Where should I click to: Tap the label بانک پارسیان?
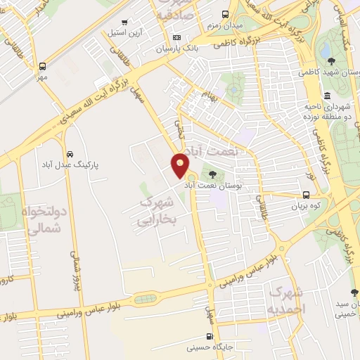153,49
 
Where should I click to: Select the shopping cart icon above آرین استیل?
125,22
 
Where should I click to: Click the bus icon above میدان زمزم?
224,13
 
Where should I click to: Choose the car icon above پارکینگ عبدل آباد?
70,153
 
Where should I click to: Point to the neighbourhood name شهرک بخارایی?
156,211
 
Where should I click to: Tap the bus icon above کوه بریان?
306,195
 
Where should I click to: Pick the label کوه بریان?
306,207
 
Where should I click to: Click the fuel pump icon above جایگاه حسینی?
209,336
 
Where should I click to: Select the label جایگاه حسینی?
209,347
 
